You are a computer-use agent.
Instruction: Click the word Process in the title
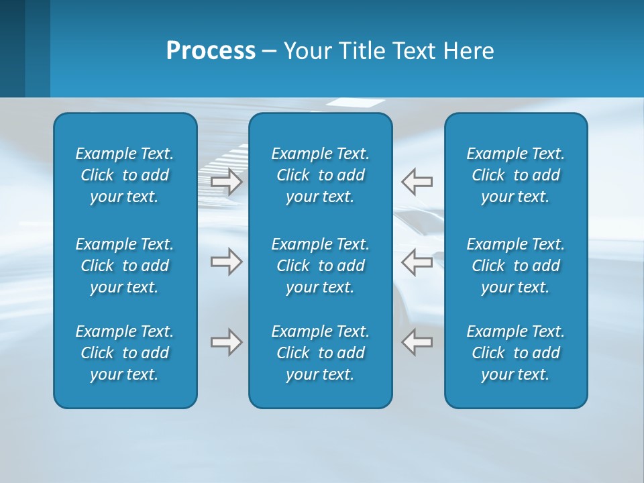(x=211, y=51)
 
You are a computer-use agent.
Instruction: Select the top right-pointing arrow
(x=227, y=182)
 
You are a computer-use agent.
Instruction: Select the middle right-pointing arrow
(x=227, y=262)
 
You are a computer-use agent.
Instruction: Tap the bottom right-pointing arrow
(x=227, y=342)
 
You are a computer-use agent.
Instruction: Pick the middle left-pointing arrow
(x=417, y=262)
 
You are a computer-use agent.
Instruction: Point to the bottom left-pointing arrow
(x=417, y=342)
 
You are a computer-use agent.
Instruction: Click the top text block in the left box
(x=125, y=175)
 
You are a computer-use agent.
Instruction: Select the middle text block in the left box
(x=125, y=266)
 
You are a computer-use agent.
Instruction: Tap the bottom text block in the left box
(x=125, y=353)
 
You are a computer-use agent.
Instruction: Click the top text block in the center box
(x=321, y=175)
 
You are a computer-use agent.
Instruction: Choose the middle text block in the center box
(x=321, y=266)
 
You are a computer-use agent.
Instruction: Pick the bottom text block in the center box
(x=321, y=353)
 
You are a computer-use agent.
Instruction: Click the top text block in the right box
(x=516, y=175)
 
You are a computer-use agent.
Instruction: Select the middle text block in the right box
(x=516, y=266)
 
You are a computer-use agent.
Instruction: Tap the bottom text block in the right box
(x=516, y=353)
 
